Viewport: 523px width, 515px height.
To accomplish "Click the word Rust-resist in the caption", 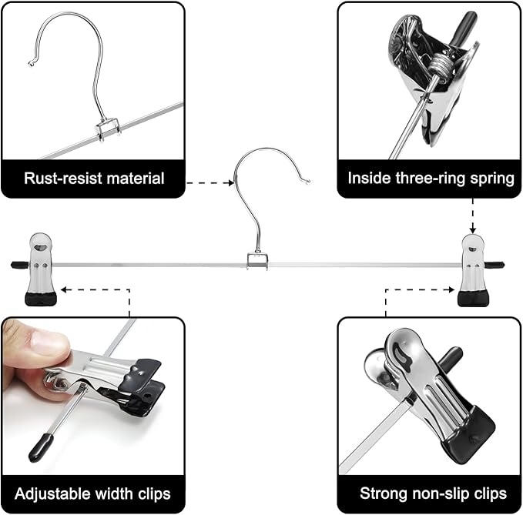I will (61, 179).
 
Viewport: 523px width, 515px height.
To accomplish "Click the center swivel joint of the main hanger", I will (257, 262).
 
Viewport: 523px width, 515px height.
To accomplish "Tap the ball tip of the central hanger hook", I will (307, 182).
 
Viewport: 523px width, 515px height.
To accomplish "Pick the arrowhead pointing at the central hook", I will (229, 182).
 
